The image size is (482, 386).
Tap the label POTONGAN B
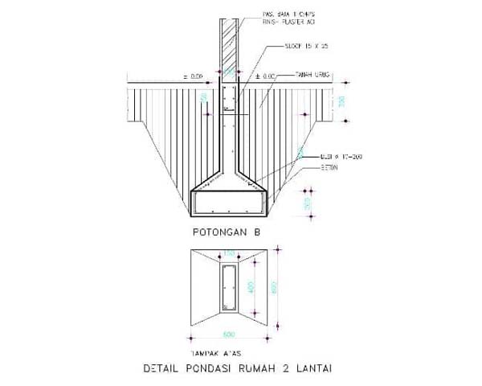coord(226,232)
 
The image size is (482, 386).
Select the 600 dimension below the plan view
coord(229,334)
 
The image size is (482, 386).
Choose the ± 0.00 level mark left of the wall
coord(195,76)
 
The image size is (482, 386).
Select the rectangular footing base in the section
coord(230,203)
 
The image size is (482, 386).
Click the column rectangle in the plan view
coord(229,288)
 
